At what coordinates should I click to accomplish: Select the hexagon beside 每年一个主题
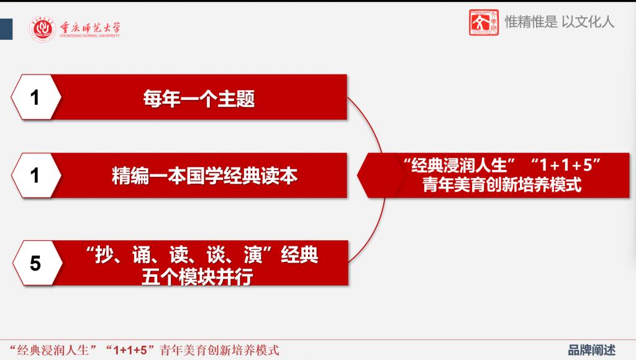click(36, 97)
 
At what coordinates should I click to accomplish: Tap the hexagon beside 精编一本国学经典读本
click(36, 175)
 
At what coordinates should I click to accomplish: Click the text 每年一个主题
click(199, 99)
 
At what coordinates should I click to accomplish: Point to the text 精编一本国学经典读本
click(204, 176)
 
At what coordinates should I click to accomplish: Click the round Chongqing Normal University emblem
click(43, 29)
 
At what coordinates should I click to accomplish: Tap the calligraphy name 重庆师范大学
click(90, 27)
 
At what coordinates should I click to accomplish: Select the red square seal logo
click(483, 23)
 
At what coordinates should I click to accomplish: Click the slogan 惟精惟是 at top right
click(531, 22)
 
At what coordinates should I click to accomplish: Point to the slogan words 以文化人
click(588, 22)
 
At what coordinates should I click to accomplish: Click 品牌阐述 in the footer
click(591, 350)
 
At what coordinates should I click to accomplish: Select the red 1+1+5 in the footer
click(130, 350)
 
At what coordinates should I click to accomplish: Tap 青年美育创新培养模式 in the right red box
click(502, 185)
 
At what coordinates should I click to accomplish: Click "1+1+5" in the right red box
click(565, 165)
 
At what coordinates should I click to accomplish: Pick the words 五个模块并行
click(198, 277)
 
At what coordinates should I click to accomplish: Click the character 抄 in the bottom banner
click(104, 255)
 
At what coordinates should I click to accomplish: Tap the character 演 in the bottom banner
click(253, 255)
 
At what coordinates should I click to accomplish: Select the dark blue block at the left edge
click(6, 29)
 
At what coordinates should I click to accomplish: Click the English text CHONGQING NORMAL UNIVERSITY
click(89, 35)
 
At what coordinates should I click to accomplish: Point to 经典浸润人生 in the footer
click(53, 350)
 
